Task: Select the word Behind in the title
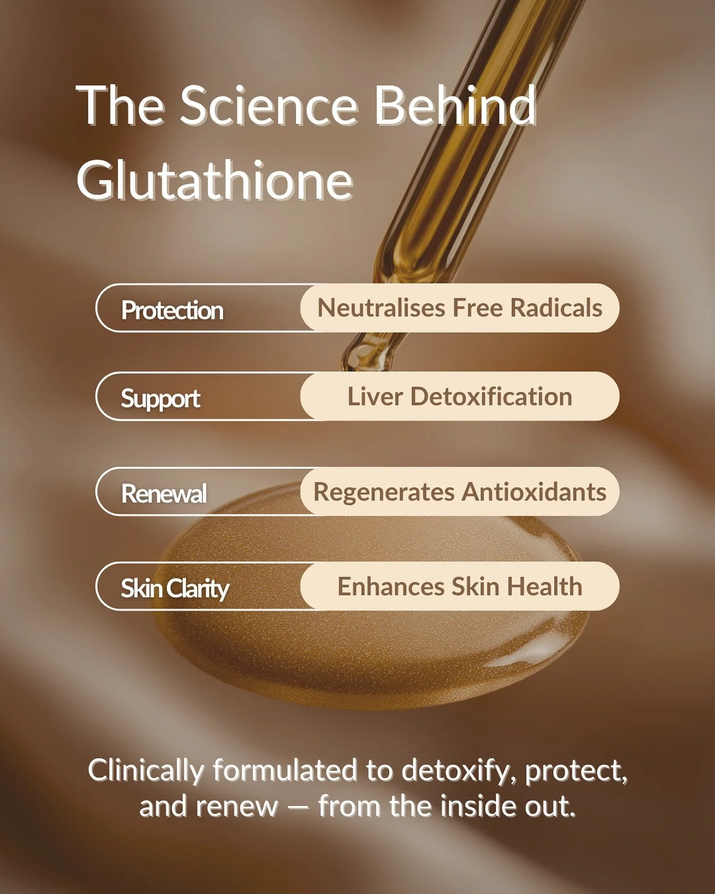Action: pyautogui.click(x=455, y=106)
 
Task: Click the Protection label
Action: pyautogui.click(x=172, y=310)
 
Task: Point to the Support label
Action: pyautogui.click(x=160, y=399)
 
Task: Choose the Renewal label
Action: pyautogui.click(x=164, y=494)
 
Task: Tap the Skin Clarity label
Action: pyautogui.click(x=175, y=588)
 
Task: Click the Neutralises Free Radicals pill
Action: pyautogui.click(x=460, y=308)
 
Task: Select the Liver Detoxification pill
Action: pyautogui.click(x=460, y=396)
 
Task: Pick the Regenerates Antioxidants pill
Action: pyautogui.click(x=460, y=491)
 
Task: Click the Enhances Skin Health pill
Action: pyautogui.click(x=460, y=586)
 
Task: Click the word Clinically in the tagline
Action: pyautogui.click(x=146, y=770)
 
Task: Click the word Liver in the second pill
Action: pyautogui.click(x=374, y=396)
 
